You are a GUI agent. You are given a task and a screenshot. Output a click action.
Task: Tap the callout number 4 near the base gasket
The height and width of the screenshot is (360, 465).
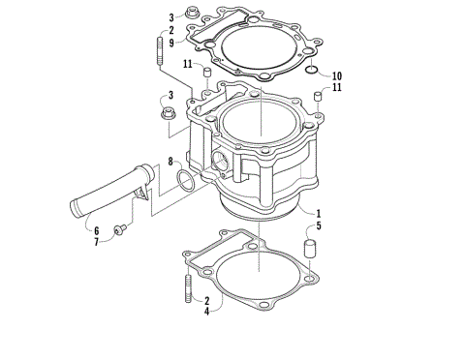pyautogui.click(x=206, y=312)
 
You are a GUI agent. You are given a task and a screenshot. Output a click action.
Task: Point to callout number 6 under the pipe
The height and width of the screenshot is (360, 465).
pyautogui.click(x=96, y=230)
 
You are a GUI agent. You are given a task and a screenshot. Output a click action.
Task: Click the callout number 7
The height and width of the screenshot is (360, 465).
pyautogui.click(x=96, y=242)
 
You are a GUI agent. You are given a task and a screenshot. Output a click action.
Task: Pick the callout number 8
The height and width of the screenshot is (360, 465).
pyautogui.click(x=170, y=161)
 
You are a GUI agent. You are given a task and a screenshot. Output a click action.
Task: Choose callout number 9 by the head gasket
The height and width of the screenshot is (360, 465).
pyautogui.click(x=170, y=43)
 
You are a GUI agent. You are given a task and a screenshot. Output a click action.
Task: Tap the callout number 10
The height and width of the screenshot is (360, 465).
pyautogui.click(x=335, y=75)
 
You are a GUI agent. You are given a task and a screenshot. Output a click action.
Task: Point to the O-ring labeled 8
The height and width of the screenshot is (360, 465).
pyautogui.click(x=185, y=179)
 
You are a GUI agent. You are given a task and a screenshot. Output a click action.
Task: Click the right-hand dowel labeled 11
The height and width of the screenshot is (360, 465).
pyautogui.click(x=316, y=101)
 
